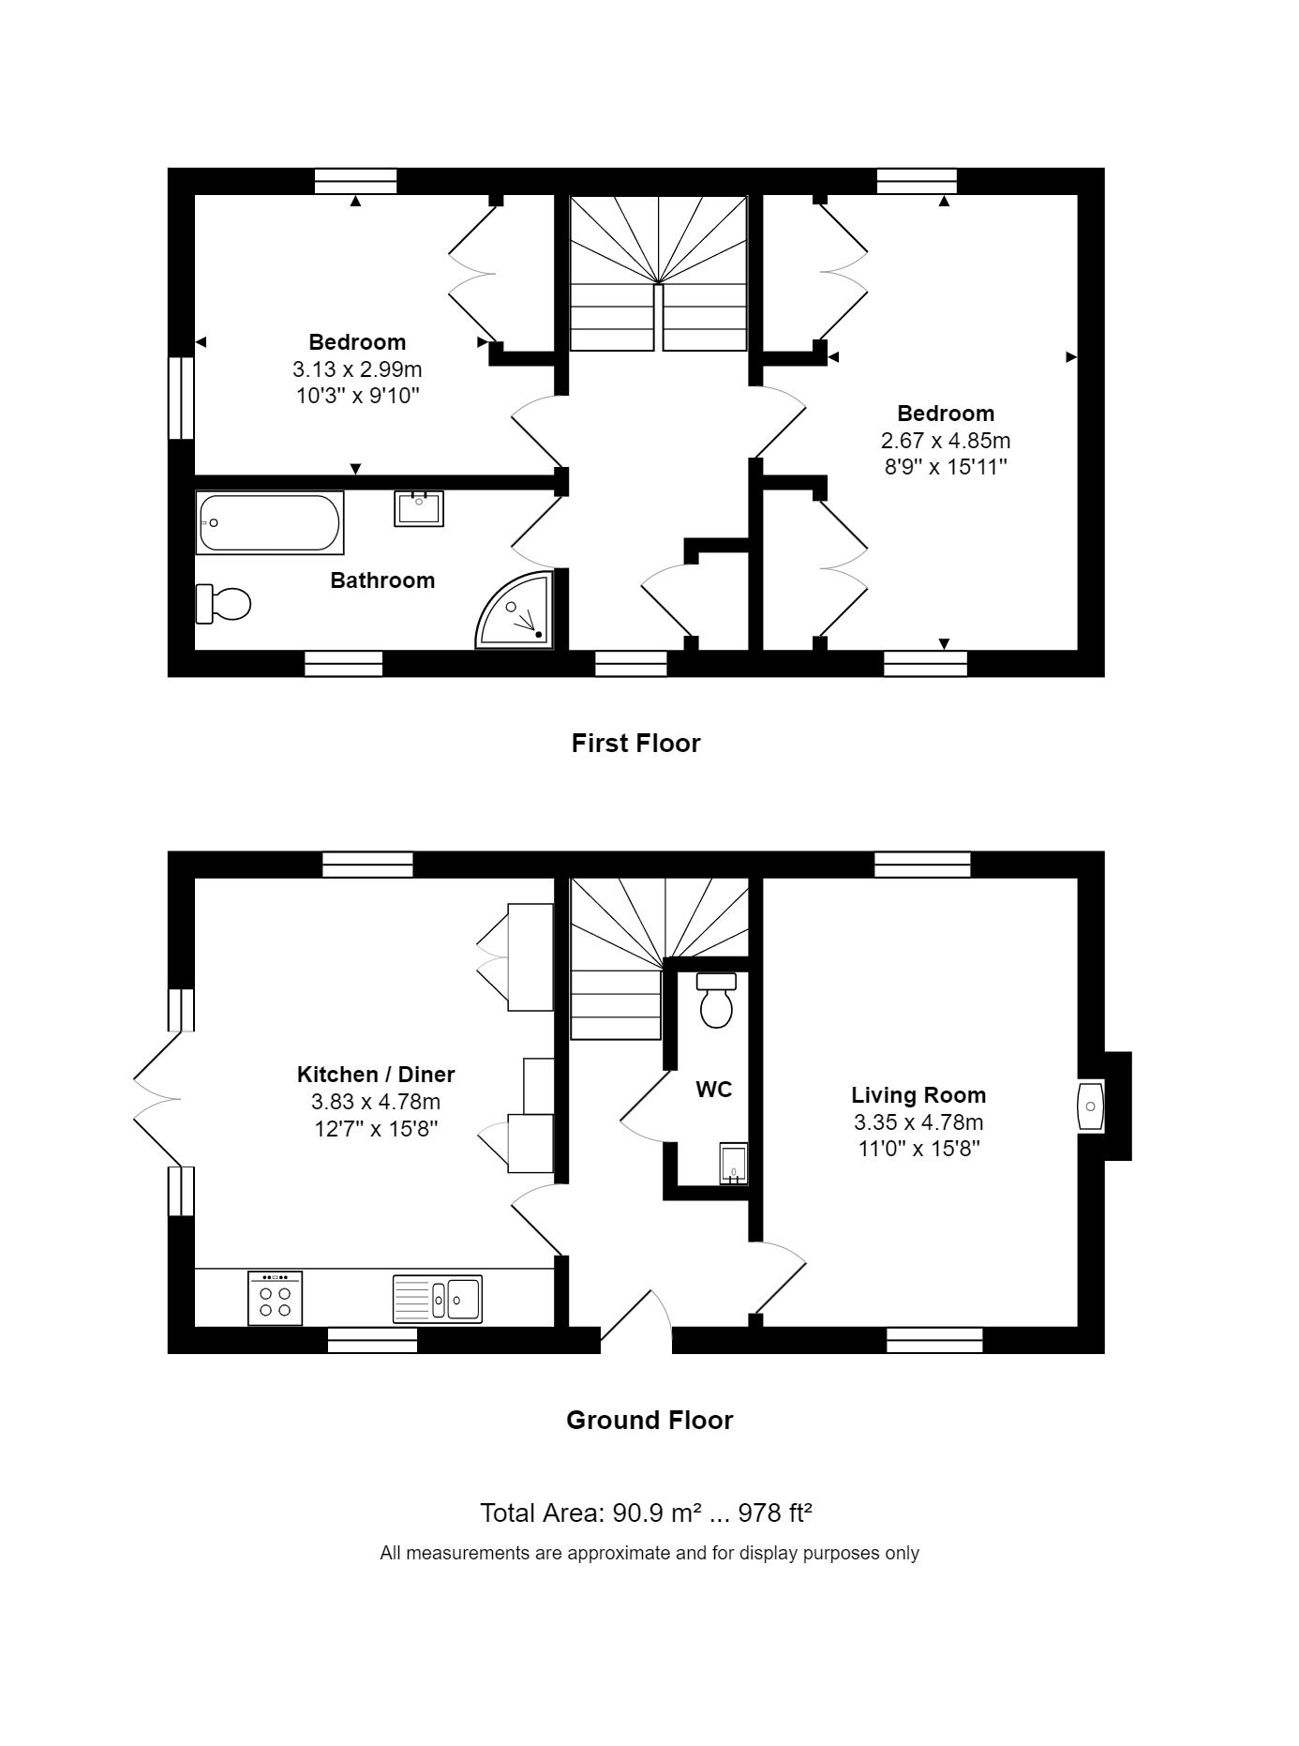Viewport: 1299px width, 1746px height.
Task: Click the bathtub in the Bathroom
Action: pyautogui.click(x=270, y=522)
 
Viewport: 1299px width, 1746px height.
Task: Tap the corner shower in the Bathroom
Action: pyautogui.click(x=516, y=610)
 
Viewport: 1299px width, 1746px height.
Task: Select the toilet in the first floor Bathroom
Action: pyautogui.click(x=223, y=604)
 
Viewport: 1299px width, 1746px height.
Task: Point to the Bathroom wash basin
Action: pyautogui.click(x=419, y=508)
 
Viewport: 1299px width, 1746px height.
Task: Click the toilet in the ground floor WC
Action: pyautogui.click(x=717, y=1000)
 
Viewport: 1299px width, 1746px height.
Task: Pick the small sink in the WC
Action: pyautogui.click(x=733, y=1164)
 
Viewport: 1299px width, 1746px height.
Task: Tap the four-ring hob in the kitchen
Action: pyautogui.click(x=276, y=1298)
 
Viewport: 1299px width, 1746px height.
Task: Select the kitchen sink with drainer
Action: pyautogui.click(x=438, y=1298)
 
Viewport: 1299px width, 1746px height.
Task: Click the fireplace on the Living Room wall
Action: pyautogui.click(x=1091, y=1106)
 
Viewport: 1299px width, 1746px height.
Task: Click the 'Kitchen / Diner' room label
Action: pyautogui.click(x=376, y=1075)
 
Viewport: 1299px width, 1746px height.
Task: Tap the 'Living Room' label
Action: pyautogui.click(x=918, y=1095)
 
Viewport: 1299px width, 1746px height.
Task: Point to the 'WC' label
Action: pyautogui.click(x=714, y=1090)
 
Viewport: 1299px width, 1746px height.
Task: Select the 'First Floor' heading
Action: pyautogui.click(x=636, y=744)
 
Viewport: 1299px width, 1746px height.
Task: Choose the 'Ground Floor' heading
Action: pyautogui.click(x=649, y=1421)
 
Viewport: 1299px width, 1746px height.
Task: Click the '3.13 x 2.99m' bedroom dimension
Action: pyautogui.click(x=357, y=369)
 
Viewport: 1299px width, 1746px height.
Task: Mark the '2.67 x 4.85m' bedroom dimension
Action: pyautogui.click(x=946, y=441)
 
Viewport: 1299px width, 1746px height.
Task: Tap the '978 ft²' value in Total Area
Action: pyautogui.click(x=775, y=1513)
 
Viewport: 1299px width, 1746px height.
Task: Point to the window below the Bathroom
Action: pyautogui.click(x=344, y=664)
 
